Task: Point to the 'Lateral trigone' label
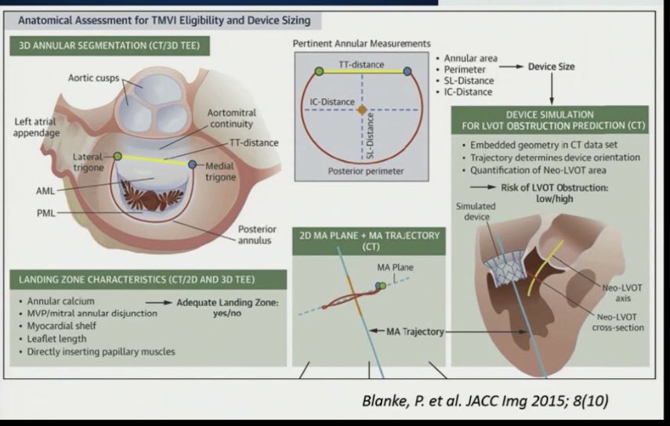(89, 157)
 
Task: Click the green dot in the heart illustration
(117, 157)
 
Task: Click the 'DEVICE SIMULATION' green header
(551, 118)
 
